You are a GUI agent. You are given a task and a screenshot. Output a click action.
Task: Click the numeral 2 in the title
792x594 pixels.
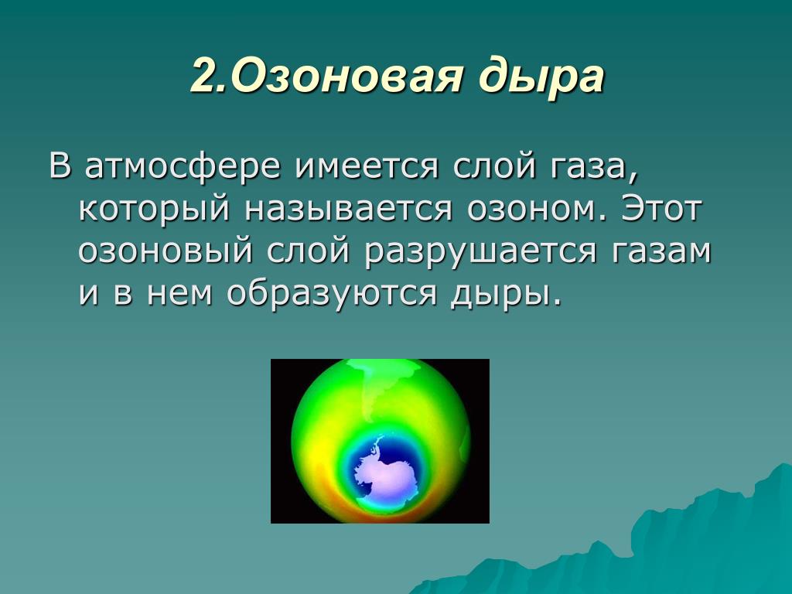[x=204, y=77]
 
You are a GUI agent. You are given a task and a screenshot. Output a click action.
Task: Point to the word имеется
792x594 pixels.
[x=366, y=167]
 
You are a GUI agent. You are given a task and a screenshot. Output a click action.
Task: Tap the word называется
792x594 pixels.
[x=348, y=209]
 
